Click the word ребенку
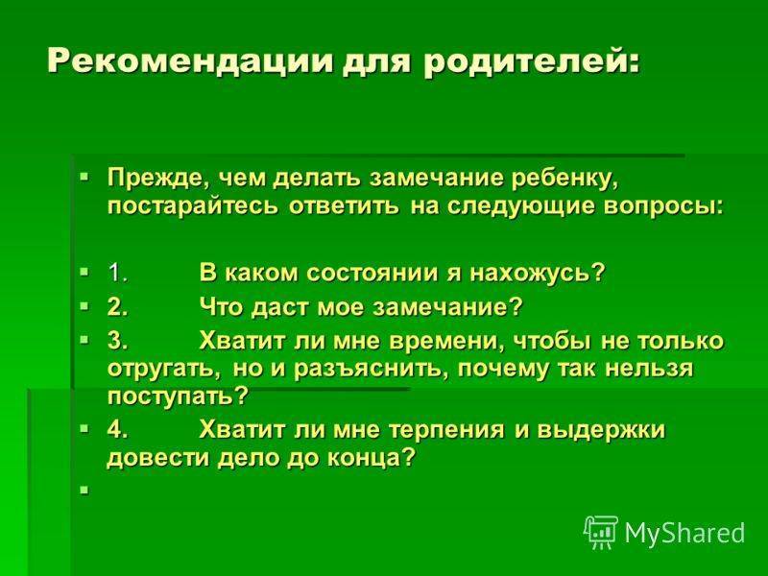point(565,178)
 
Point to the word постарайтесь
point(194,206)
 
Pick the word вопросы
point(662,205)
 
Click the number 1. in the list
point(118,273)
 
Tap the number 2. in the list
point(118,307)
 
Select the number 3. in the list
point(118,341)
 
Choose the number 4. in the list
point(118,429)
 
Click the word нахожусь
point(538,274)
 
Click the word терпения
point(445,430)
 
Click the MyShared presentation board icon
point(601,532)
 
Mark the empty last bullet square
point(85,489)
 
